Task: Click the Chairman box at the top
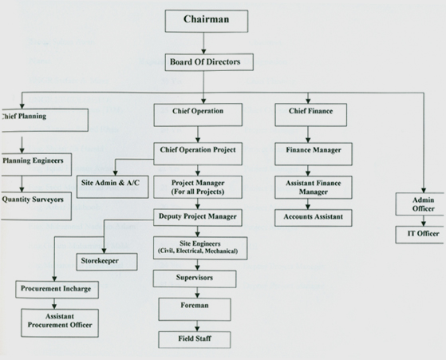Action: point(206,21)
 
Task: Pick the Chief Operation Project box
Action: point(197,151)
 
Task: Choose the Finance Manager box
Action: point(314,150)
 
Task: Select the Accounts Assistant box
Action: point(314,217)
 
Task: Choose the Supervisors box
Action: point(195,279)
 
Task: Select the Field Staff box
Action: point(195,339)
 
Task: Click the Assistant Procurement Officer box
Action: point(60,321)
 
